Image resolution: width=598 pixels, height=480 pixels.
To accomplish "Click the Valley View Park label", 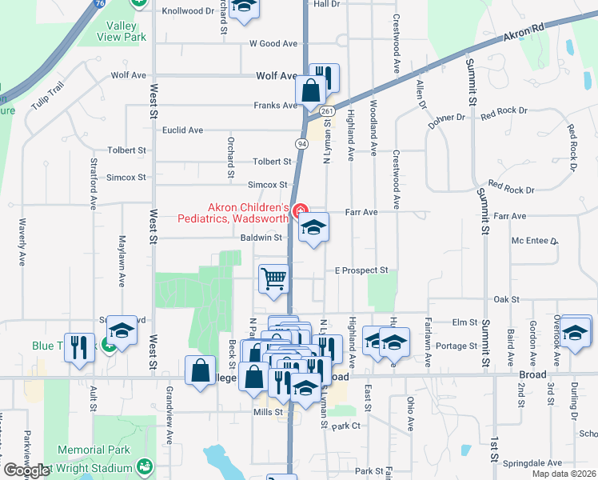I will click(122, 30).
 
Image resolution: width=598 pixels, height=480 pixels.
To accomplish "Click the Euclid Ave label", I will click(183, 130).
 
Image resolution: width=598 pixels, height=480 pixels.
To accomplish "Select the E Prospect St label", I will click(361, 270).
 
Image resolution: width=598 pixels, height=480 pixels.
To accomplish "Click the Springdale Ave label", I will click(535, 463).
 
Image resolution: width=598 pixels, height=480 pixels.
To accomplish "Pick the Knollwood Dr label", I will click(188, 11).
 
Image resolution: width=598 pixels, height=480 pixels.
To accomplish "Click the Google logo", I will click(26, 470).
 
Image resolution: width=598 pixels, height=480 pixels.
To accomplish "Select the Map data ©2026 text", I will click(564, 474).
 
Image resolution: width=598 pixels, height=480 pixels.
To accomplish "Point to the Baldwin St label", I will click(261, 238).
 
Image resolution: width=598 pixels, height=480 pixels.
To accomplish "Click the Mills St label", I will click(268, 412).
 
